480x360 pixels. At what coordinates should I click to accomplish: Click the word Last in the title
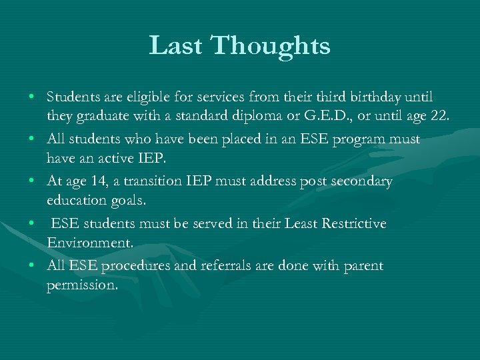click(x=176, y=45)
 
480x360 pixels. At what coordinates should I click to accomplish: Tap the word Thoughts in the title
click(x=270, y=45)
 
